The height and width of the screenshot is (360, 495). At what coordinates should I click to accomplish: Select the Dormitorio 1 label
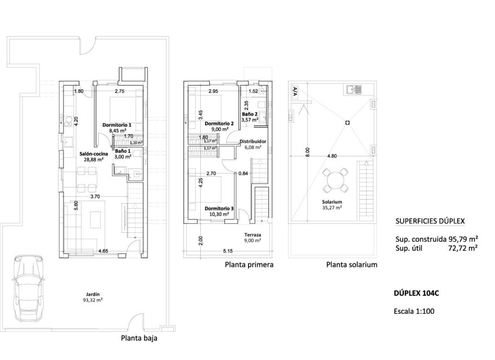(116, 124)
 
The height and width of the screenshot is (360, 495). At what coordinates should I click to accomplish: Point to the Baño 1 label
(123, 151)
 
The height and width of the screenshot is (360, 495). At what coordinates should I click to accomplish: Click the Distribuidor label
(253, 142)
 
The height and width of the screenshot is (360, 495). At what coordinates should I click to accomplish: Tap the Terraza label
(253, 235)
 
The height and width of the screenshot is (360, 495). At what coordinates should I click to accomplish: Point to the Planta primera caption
(249, 264)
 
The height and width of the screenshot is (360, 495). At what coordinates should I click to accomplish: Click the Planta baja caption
(139, 339)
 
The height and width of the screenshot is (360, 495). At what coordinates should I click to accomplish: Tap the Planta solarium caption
(352, 264)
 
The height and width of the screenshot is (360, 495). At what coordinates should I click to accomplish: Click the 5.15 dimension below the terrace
(228, 251)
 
